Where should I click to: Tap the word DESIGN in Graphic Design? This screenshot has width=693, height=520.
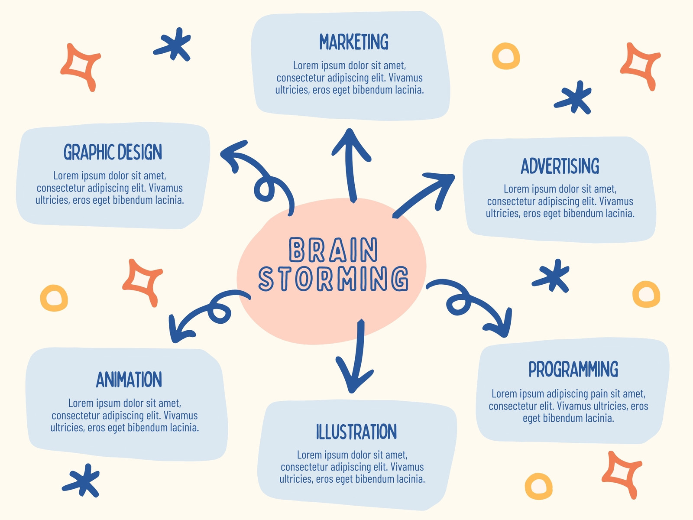pyautogui.click(x=139, y=152)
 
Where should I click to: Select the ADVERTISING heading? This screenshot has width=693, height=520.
pyautogui.click(x=560, y=166)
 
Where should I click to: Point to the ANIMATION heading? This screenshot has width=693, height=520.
pyautogui.click(x=129, y=379)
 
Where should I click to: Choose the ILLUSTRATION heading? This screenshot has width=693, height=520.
pyautogui.click(x=356, y=432)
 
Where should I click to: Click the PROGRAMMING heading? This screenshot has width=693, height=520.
pyautogui.click(x=573, y=369)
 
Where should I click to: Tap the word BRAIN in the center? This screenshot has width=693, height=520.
pyautogui.click(x=334, y=250)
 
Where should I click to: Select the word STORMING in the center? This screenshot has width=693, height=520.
pyautogui.click(x=334, y=278)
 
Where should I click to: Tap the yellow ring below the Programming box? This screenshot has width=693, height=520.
pyautogui.click(x=538, y=486)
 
